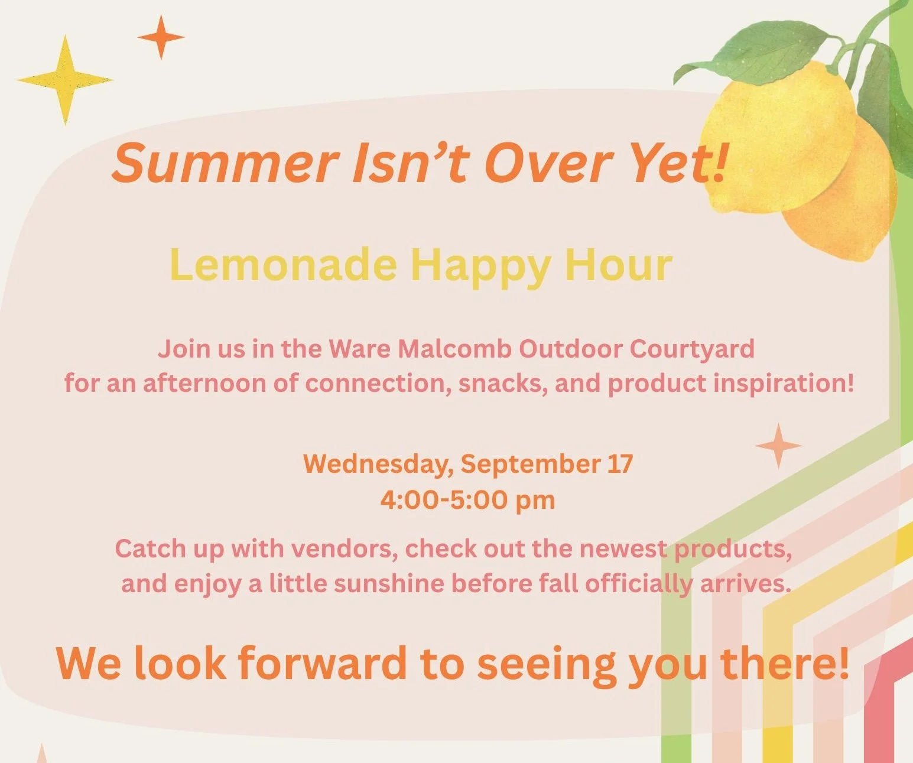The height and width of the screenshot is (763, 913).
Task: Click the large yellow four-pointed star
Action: (66, 80)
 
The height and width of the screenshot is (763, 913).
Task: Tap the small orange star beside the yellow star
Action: (161, 37)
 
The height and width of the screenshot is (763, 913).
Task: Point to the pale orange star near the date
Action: (778, 446)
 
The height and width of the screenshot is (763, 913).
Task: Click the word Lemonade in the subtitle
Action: (282, 265)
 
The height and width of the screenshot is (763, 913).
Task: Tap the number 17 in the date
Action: (620, 463)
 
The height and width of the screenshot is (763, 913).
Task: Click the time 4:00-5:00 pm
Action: (467, 500)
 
